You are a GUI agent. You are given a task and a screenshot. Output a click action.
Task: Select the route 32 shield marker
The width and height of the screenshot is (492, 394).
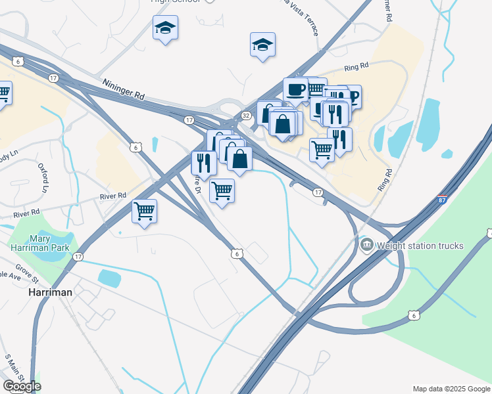click(246, 116)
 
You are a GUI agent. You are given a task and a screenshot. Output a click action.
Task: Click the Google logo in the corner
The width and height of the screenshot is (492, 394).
click(22, 386)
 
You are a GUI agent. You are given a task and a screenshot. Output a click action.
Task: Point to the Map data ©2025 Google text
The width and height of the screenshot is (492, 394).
click(451, 389)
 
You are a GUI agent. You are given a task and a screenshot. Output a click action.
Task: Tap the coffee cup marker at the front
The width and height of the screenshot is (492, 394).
click(295, 89)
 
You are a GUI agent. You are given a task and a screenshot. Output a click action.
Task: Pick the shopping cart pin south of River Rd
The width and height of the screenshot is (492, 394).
click(144, 211)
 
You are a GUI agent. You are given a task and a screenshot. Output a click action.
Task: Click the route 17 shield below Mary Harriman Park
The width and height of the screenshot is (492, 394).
click(78, 257)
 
